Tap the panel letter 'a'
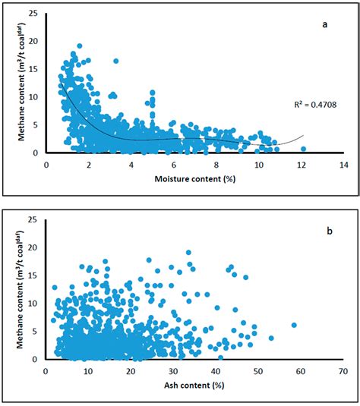(324, 25)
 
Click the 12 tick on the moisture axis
(302, 164)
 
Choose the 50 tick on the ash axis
(259, 371)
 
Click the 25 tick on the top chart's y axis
(33, 12)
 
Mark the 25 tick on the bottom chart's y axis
(33, 219)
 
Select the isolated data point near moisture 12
(303, 149)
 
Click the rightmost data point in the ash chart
(294, 325)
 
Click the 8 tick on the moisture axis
(216, 164)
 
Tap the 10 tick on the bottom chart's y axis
(33, 303)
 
